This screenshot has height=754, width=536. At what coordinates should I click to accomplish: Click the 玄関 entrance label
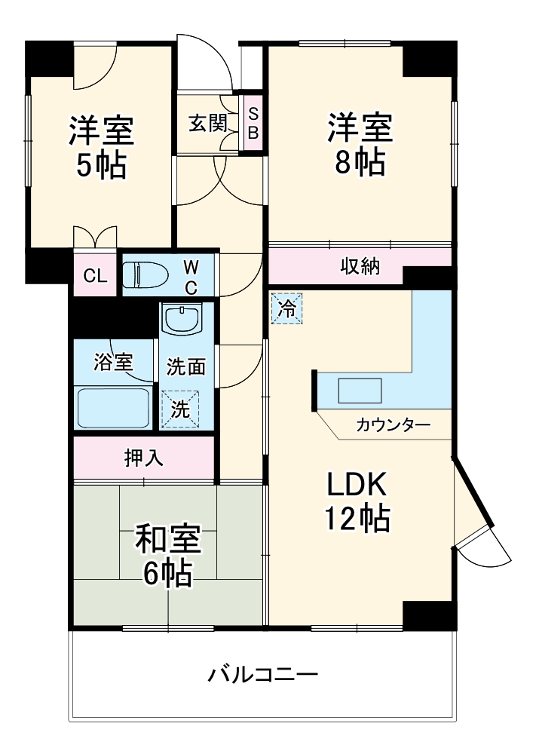[207, 123]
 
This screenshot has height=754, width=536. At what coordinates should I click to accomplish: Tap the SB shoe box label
[253, 123]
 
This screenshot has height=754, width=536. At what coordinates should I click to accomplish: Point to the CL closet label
[95, 276]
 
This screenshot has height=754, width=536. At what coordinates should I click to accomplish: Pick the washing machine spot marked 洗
[180, 409]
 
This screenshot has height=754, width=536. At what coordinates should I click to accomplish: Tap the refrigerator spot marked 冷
[286, 308]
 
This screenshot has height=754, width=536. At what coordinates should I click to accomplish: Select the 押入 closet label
[144, 458]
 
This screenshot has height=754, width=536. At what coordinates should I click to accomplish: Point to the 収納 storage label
[360, 266]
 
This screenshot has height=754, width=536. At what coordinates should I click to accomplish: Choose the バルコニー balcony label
[263, 673]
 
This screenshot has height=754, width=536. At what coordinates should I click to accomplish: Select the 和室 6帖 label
[167, 556]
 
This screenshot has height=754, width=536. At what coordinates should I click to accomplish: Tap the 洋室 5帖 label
[101, 147]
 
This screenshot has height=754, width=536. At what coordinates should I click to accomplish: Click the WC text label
[191, 276]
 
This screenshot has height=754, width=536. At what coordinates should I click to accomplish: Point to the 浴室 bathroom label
[113, 362]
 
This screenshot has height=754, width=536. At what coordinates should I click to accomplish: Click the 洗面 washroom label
[186, 367]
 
